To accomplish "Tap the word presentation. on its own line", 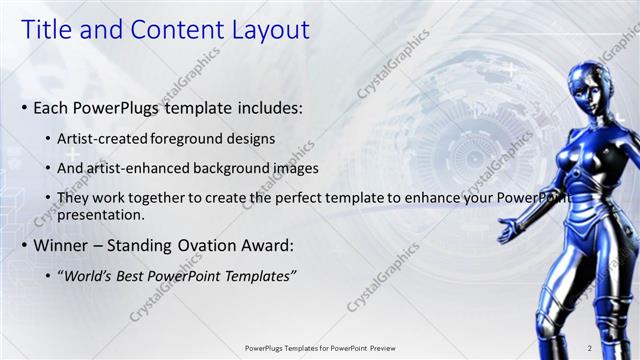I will coord(102,214).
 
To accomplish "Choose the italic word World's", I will coord(89,276).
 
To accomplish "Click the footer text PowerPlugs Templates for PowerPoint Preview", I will coord(319,348).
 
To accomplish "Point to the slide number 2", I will coord(589,348).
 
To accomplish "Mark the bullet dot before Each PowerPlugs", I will coord(24,108).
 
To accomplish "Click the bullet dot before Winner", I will coord(24,246).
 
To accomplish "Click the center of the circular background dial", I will coord(455,130).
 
